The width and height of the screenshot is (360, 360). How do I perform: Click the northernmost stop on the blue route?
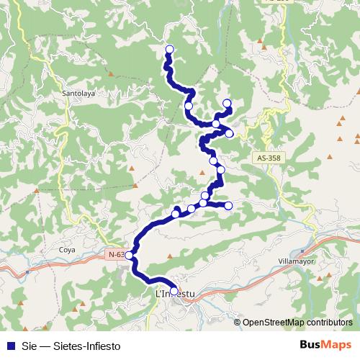pyautogui.click(x=170, y=49)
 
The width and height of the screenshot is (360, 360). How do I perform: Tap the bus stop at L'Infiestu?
pyautogui.click(x=174, y=292)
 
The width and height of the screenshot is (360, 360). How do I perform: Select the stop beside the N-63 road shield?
pyautogui.click(x=129, y=255)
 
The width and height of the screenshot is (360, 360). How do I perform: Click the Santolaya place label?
pyautogui.click(x=79, y=93)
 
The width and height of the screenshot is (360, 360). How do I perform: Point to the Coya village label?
pyautogui.click(x=67, y=250)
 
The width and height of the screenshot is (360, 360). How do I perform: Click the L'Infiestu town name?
pyautogui.click(x=175, y=293)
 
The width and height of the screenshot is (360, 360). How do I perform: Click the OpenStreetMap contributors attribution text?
pyautogui.click(x=297, y=323)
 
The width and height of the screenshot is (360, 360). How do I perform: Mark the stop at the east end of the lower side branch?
pyautogui.click(x=228, y=206)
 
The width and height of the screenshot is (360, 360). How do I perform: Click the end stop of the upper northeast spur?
pyautogui.click(x=227, y=103)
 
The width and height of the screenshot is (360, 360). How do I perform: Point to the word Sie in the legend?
pyautogui.click(x=29, y=345)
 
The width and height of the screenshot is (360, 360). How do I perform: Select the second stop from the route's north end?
pyautogui.click(x=189, y=106)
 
